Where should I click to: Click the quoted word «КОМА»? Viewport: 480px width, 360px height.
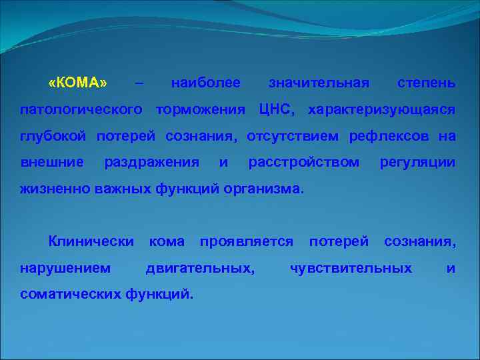[77, 83]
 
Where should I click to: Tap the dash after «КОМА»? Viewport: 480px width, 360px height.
[138, 83]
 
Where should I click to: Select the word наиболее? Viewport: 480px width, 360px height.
[205, 83]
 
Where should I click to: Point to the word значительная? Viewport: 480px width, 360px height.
[318, 83]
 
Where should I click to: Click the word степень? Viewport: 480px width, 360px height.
[427, 83]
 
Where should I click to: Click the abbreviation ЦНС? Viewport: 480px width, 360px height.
[273, 109]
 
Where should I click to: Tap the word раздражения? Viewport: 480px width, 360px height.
[151, 162]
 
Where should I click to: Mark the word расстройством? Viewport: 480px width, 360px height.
[303, 162]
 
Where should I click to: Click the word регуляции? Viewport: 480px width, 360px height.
[417, 162]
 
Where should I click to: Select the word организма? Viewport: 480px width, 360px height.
[265, 189]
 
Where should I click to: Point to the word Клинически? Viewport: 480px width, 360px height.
[91, 241]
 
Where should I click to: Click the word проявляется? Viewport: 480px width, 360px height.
[246, 241]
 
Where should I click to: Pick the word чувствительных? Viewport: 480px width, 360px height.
[351, 268]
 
